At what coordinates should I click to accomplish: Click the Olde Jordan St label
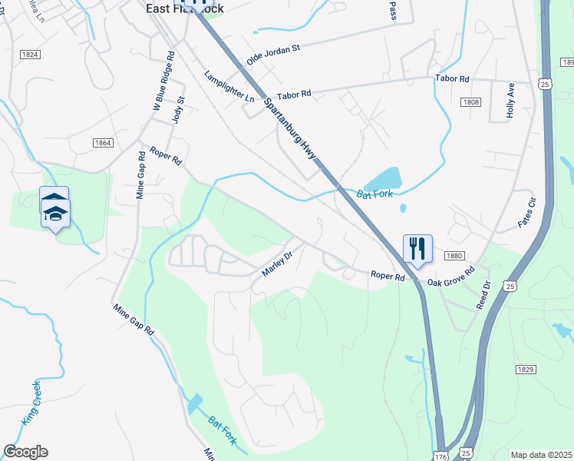click(x=272, y=55)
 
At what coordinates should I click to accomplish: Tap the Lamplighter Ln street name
click(x=228, y=87)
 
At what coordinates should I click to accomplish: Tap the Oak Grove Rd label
click(x=451, y=277)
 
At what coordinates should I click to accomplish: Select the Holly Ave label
click(x=510, y=99)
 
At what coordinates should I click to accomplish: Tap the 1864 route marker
click(x=103, y=143)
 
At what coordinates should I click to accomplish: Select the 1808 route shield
click(x=470, y=101)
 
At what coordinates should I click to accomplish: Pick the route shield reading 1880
click(x=454, y=255)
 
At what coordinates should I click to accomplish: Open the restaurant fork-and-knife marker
click(x=417, y=249)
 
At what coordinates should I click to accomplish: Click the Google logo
click(x=25, y=452)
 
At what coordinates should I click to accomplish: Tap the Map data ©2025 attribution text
click(x=542, y=455)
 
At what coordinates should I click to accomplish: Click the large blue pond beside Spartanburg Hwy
click(x=381, y=178)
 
